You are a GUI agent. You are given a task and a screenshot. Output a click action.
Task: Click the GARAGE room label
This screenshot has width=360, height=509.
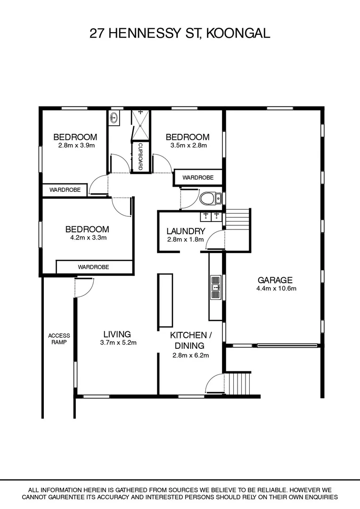(x=275, y=279)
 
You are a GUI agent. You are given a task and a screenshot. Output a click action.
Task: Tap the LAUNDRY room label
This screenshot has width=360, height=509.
(x=186, y=231)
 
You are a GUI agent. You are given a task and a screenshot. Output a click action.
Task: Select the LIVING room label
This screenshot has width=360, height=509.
(x=118, y=334)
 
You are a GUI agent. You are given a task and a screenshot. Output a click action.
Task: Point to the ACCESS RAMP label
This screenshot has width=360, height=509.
(x=58, y=339)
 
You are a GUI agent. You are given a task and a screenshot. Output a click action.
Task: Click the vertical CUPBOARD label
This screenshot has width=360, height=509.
(x=140, y=157)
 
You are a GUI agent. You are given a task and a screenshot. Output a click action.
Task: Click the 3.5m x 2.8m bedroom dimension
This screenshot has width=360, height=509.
(x=187, y=146)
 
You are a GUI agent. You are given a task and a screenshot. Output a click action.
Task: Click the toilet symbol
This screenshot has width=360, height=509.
(x=209, y=199)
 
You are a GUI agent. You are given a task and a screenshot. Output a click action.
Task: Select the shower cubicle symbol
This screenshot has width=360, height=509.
(x=140, y=125)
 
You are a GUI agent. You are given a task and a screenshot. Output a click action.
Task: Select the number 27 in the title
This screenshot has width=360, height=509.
(x=97, y=33)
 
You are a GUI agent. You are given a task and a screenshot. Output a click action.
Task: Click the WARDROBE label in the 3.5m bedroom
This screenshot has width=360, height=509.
(x=198, y=178)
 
